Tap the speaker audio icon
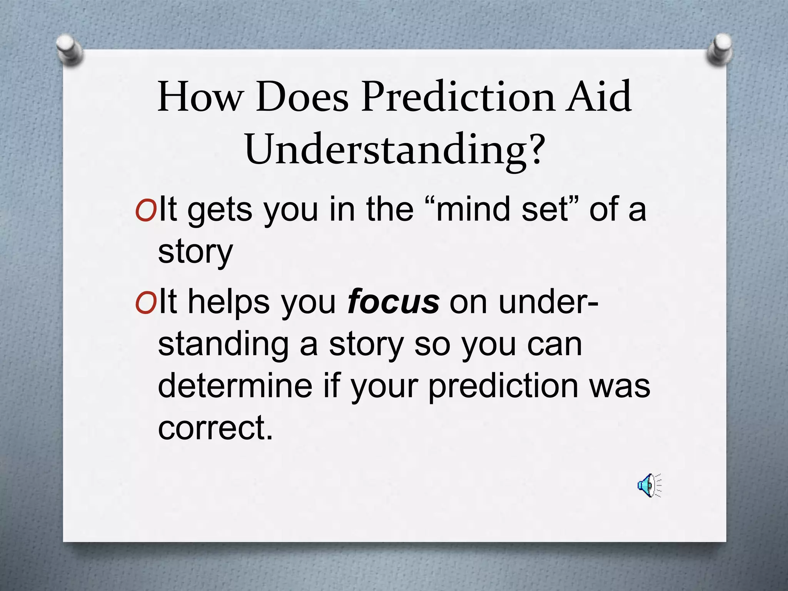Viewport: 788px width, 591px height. pos(649,486)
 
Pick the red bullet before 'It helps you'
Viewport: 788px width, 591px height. pos(145,304)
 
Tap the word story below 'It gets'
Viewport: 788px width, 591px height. pos(195,252)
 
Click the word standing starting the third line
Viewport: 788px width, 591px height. pos(223,344)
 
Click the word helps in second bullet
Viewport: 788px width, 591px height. pos(229,302)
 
